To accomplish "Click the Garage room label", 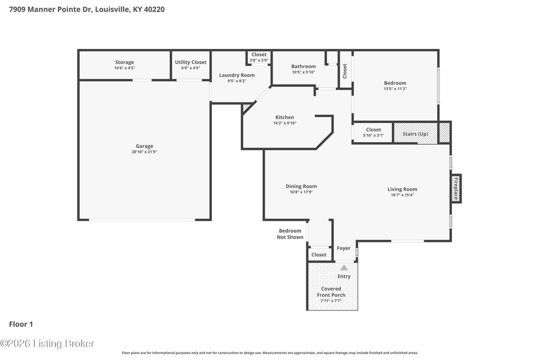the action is click(x=144, y=146).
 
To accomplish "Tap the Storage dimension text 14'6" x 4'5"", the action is click(x=124, y=68).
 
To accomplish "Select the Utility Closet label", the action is click(x=190, y=62).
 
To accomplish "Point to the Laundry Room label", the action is click(x=237, y=75).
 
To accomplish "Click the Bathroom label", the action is click(x=303, y=66).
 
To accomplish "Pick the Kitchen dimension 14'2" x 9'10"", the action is click(x=285, y=123).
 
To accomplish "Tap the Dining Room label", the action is click(x=301, y=186).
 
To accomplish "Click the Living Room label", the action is click(x=402, y=189).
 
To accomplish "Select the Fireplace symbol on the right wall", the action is click(x=456, y=189).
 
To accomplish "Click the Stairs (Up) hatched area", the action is click(x=416, y=133).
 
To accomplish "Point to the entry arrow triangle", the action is click(x=344, y=267).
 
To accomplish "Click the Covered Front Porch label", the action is click(x=331, y=292).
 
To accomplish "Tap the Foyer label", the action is click(x=344, y=248).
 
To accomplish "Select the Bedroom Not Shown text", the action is click(x=290, y=234).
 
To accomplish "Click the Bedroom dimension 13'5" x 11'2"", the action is click(x=396, y=89).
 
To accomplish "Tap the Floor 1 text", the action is click(x=21, y=324).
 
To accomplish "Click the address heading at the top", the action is click(x=87, y=9).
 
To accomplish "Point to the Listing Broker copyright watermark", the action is click(x=47, y=344).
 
